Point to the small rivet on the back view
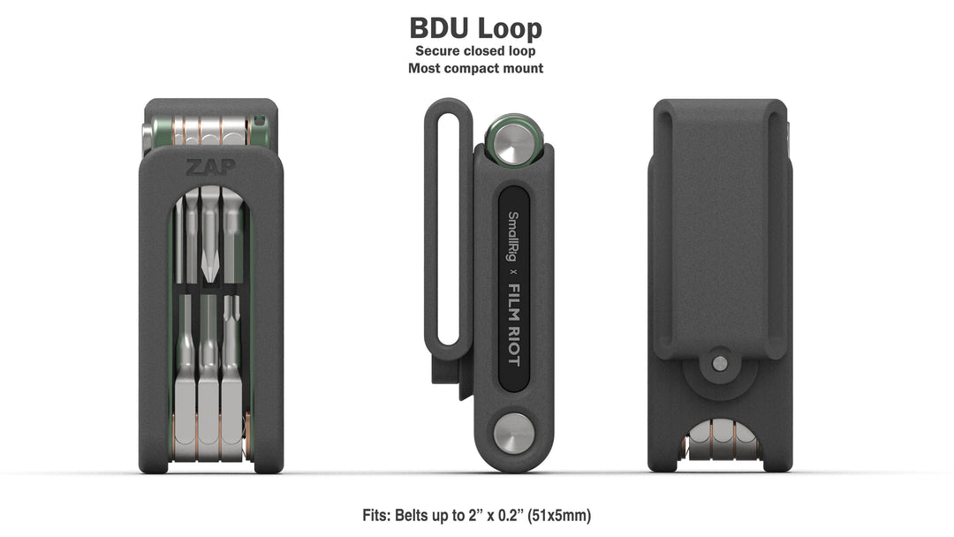point(720,363)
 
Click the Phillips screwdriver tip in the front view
point(210,262)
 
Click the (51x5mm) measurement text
point(560,514)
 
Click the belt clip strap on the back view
point(720,230)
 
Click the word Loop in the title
point(511,27)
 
